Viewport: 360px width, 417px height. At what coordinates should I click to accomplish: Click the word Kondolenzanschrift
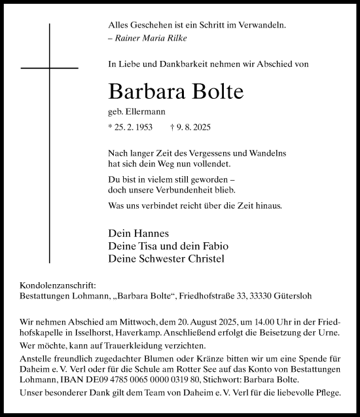point(58,285)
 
